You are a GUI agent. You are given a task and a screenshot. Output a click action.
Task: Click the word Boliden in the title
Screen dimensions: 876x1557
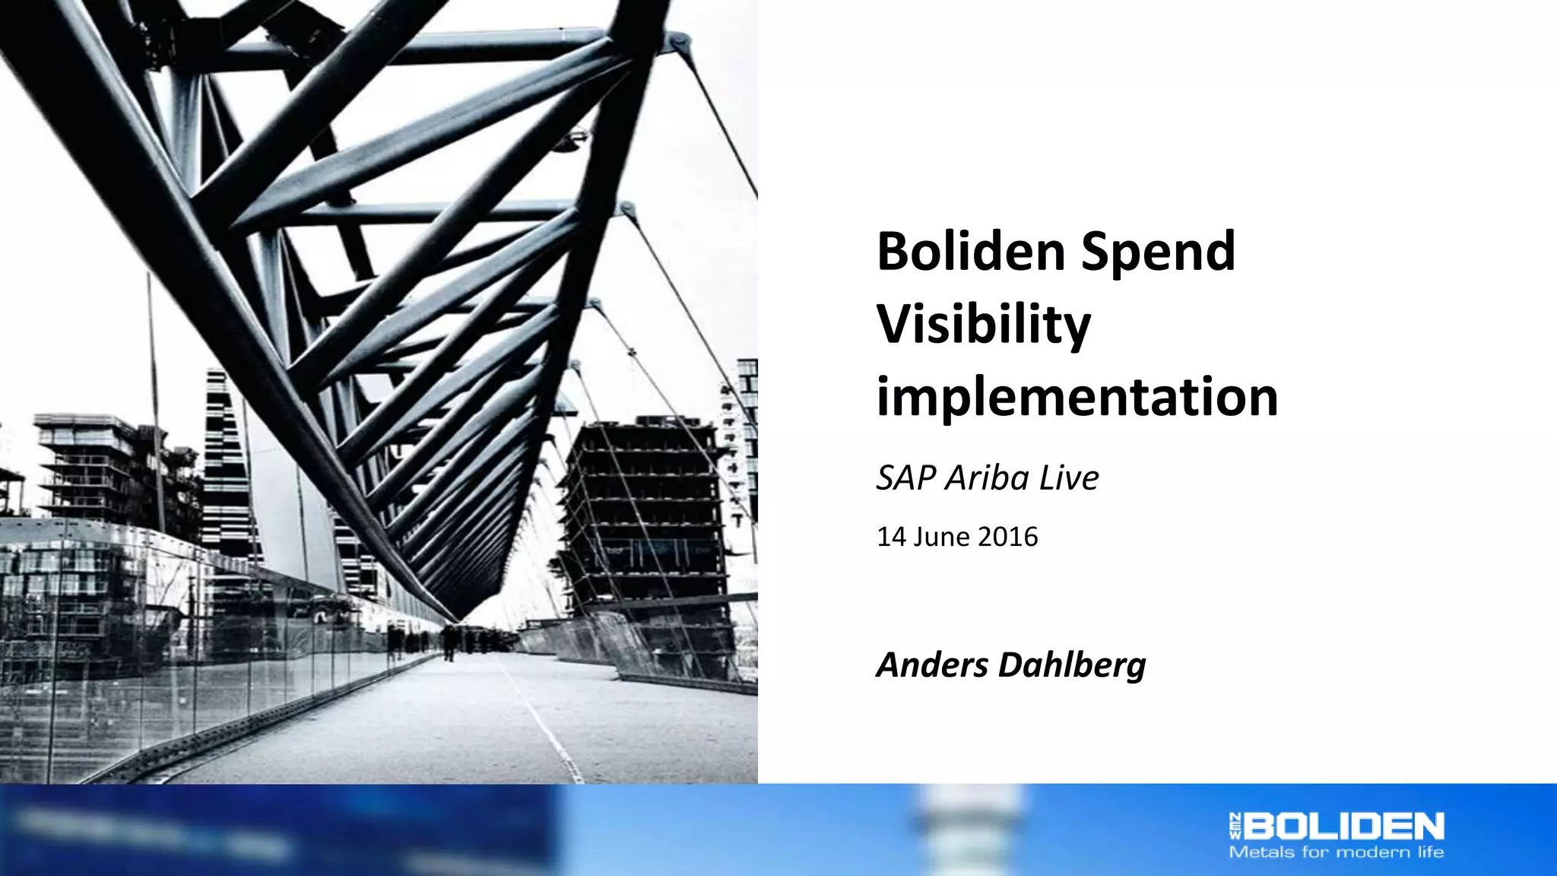point(972,251)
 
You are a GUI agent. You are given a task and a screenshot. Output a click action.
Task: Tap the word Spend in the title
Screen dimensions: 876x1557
point(1158,252)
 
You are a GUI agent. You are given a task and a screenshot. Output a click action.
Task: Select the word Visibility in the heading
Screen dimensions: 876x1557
point(983,325)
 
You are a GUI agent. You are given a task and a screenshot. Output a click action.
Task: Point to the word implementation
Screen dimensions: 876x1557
point(1077,397)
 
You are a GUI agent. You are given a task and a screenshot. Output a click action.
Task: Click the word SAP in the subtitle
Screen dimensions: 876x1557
point(905,478)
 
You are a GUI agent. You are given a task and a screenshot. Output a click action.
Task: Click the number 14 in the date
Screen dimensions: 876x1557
point(891,537)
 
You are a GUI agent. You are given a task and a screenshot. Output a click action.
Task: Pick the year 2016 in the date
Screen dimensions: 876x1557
point(1007,537)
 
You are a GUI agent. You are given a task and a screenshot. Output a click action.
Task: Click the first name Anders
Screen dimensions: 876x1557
point(932,665)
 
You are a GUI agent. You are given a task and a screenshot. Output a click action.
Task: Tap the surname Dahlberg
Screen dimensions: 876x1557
point(1071,665)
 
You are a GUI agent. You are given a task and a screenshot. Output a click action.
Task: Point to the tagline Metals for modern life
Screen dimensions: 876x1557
point(1336,852)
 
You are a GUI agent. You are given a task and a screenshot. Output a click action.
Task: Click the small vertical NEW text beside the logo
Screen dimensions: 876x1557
point(1235,826)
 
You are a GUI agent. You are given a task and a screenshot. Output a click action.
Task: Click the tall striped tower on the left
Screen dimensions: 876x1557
point(224,456)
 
